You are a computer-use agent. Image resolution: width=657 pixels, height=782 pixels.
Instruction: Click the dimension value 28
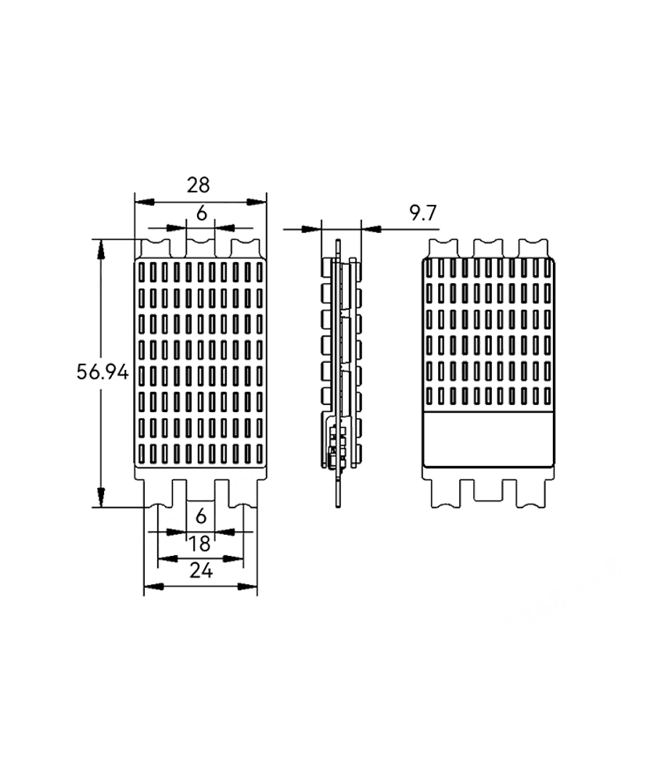coord(199,185)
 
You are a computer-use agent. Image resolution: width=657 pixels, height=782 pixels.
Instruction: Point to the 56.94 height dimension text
coord(102,372)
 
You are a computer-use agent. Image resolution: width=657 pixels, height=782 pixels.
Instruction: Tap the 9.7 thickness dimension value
coord(423,213)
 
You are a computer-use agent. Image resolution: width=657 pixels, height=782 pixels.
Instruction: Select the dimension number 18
coord(200,543)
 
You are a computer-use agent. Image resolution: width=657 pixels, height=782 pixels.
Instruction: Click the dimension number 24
coord(201,571)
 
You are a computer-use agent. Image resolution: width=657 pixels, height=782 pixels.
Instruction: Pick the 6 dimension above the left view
coord(201,213)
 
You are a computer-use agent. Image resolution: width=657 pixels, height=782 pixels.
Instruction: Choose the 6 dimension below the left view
coord(201,516)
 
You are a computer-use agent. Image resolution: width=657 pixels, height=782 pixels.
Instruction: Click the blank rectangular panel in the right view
coord(488,439)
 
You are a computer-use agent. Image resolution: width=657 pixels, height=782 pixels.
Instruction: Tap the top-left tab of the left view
coord(156,249)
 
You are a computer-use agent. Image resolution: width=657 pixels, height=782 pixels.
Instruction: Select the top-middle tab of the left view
coord(200,249)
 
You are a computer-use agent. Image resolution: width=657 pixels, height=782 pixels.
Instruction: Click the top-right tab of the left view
coord(246,249)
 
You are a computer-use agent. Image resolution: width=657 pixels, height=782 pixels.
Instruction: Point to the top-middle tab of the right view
coord(488,249)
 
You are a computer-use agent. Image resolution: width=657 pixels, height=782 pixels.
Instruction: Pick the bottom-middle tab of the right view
coord(488,490)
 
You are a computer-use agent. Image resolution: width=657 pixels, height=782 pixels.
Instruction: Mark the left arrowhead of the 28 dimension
coord(144,202)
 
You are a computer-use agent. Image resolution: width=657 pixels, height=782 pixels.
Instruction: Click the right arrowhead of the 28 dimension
coord(257,202)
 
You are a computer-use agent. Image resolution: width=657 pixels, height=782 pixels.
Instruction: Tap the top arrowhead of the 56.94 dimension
coord(101,249)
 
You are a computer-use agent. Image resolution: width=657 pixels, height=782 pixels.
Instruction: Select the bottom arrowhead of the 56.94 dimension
coord(101,498)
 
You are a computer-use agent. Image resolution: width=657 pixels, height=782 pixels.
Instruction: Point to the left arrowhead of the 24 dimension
coord(153,586)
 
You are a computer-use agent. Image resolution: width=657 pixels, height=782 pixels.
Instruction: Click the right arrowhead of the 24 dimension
coord(248,586)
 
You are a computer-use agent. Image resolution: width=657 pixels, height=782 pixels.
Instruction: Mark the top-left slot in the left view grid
coord(142,271)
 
